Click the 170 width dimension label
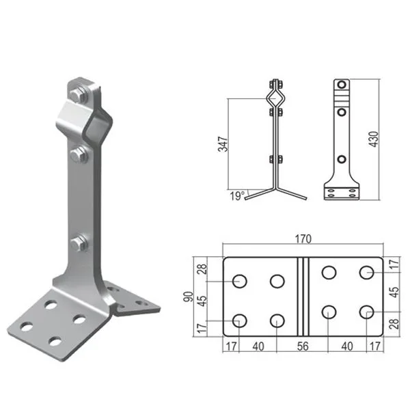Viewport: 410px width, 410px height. [303, 238]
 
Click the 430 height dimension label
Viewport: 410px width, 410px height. [374, 139]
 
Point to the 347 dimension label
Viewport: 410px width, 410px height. [223, 144]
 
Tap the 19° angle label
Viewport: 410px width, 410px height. [237, 196]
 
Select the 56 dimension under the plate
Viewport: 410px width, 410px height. [303, 346]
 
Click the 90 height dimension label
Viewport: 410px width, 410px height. [189, 297]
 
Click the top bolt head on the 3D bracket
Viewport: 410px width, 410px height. [78, 95]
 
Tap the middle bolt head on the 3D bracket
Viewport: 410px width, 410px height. [79, 155]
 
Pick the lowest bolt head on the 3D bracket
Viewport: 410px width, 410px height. [79, 243]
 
